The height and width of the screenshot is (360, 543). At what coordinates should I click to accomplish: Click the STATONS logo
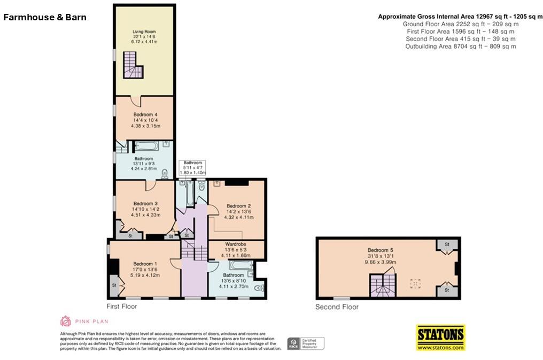coord(441,338)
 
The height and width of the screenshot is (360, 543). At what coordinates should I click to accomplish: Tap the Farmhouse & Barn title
coord(45,17)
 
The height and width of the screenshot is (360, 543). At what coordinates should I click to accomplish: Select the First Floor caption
coord(121,307)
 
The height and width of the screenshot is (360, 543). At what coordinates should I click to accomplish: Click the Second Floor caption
coord(337,307)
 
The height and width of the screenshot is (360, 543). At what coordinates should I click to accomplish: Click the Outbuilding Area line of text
coord(460,47)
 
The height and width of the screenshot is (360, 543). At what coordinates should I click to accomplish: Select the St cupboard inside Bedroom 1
coord(114,285)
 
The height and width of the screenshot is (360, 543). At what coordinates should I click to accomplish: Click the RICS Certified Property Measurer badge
coord(306,343)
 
